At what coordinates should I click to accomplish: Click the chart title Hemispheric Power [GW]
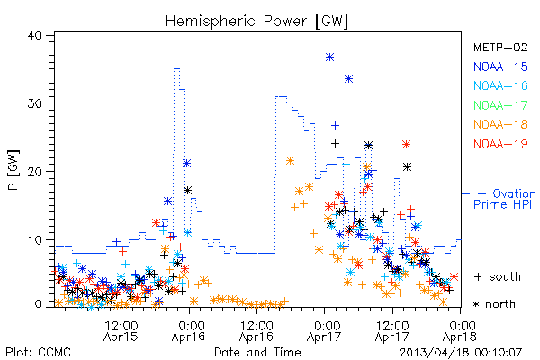coord(256,22)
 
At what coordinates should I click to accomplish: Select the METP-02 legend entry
coord(500,47)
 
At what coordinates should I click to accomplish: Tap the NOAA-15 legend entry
coord(500,67)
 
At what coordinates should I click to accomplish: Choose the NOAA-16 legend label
coord(500,85)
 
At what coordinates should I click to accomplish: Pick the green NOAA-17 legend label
coord(500,105)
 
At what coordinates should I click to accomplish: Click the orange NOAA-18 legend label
coord(500,124)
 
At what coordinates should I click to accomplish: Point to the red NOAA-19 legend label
coord(500,144)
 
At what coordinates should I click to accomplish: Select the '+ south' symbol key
coord(498,276)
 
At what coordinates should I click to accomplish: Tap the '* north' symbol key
coord(494,304)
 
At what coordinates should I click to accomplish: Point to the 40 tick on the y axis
coord(34,35)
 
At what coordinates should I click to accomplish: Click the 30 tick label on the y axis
coord(34,103)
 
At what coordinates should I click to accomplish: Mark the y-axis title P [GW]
coord(13,170)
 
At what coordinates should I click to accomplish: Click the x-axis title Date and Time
coord(257,353)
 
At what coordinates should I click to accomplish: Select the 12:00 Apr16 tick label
coord(256,331)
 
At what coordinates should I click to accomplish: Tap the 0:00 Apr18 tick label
coord(460,331)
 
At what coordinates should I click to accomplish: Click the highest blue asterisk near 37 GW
coord(330,58)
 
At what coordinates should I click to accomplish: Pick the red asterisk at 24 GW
coord(407,144)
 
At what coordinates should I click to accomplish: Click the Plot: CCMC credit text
coord(38,353)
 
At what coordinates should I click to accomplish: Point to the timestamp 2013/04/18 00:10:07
coord(461,353)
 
